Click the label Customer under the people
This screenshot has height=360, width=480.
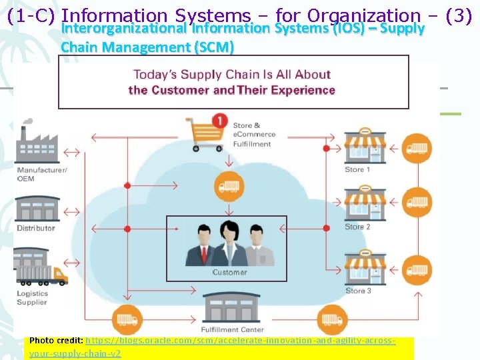229,272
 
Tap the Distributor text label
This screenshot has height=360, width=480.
36,229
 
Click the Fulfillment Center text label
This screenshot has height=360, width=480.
229,330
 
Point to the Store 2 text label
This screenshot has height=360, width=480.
358,227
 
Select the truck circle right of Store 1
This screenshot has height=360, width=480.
417,149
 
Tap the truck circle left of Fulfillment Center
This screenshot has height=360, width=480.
125,319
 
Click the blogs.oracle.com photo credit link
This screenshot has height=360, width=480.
241,340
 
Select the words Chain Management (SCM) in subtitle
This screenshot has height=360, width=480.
147,47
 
